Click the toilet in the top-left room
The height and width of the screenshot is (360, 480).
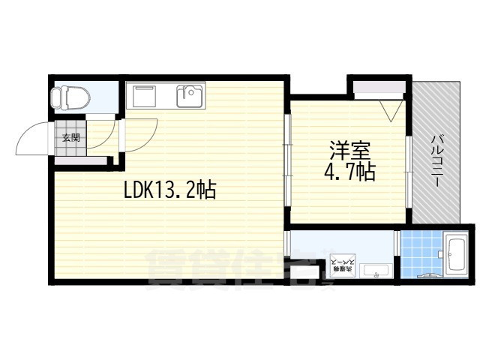(68, 96)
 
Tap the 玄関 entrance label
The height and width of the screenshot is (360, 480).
(71, 137)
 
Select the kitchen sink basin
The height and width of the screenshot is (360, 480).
(188, 97)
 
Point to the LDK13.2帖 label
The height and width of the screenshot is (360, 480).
(169, 191)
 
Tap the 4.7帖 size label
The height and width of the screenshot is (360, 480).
(350, 172)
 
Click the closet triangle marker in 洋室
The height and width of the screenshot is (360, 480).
(391, 112)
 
